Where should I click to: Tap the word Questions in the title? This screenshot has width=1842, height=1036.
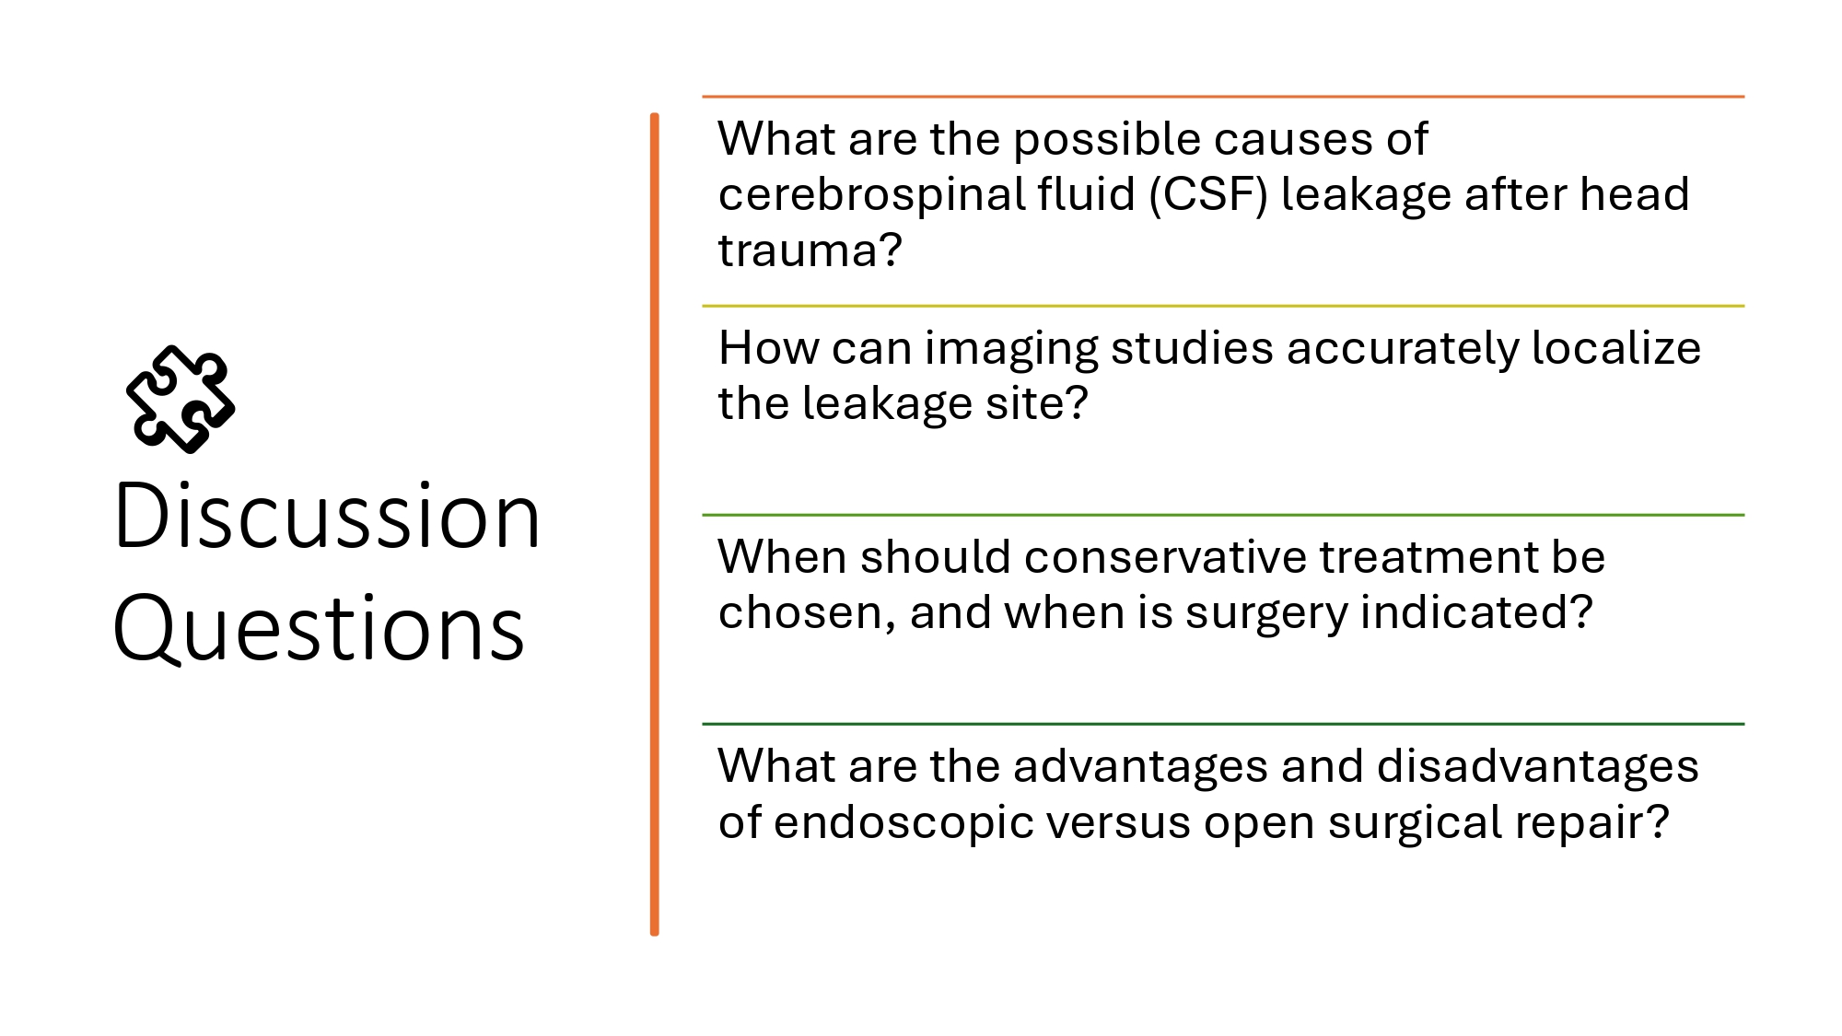319,628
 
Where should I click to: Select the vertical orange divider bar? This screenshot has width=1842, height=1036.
655,524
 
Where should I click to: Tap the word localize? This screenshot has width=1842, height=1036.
1616,348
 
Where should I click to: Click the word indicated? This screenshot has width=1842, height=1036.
1468,612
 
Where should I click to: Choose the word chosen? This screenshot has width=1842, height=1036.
798,613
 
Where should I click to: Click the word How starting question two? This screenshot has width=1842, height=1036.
768,348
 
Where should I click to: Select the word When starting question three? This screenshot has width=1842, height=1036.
782,557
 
